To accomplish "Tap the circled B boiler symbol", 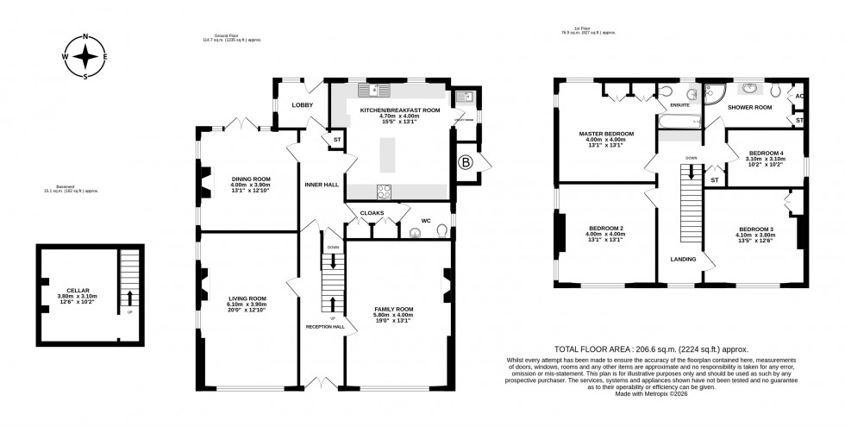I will click(466, 160).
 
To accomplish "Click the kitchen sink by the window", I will click(376, 90).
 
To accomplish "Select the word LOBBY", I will click(303, 105).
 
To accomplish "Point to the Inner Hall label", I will click(320, 185).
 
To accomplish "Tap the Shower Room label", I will click(749, 108).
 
